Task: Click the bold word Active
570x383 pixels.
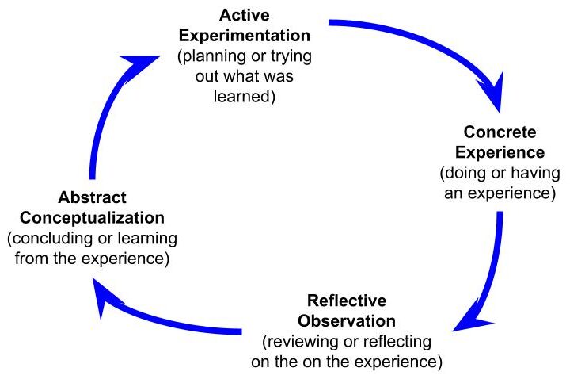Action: [244, 15]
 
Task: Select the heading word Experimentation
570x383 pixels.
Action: [244, 36]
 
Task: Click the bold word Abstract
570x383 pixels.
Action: [92, 197]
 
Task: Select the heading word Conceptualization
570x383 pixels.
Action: [92, 217]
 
